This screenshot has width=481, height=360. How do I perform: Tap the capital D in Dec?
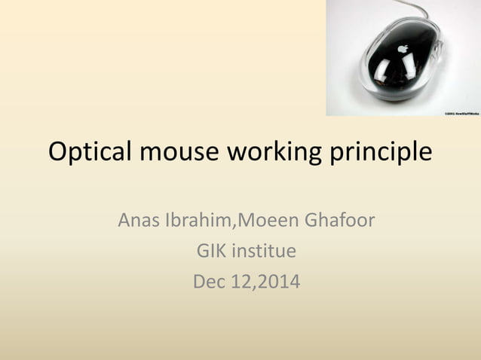point(199,282)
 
